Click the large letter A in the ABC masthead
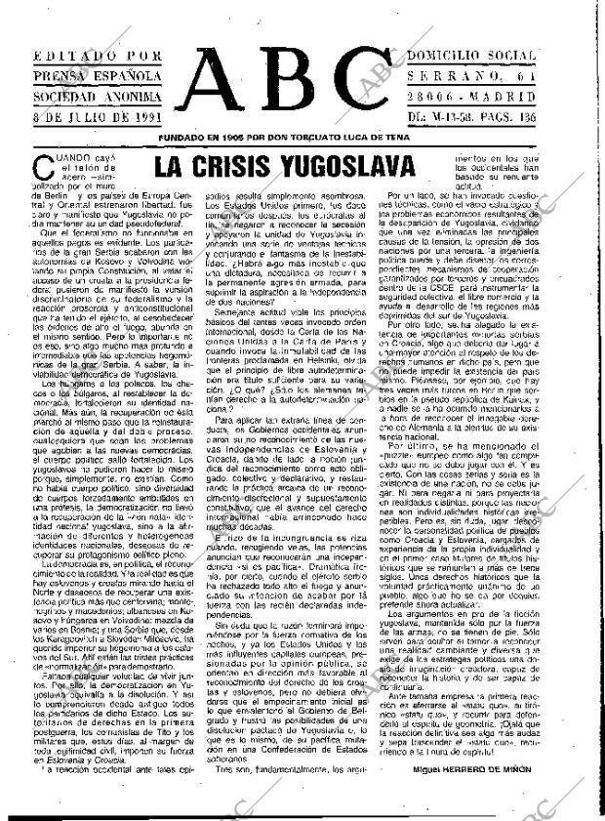[222, 89]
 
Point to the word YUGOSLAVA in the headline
[359, 167]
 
